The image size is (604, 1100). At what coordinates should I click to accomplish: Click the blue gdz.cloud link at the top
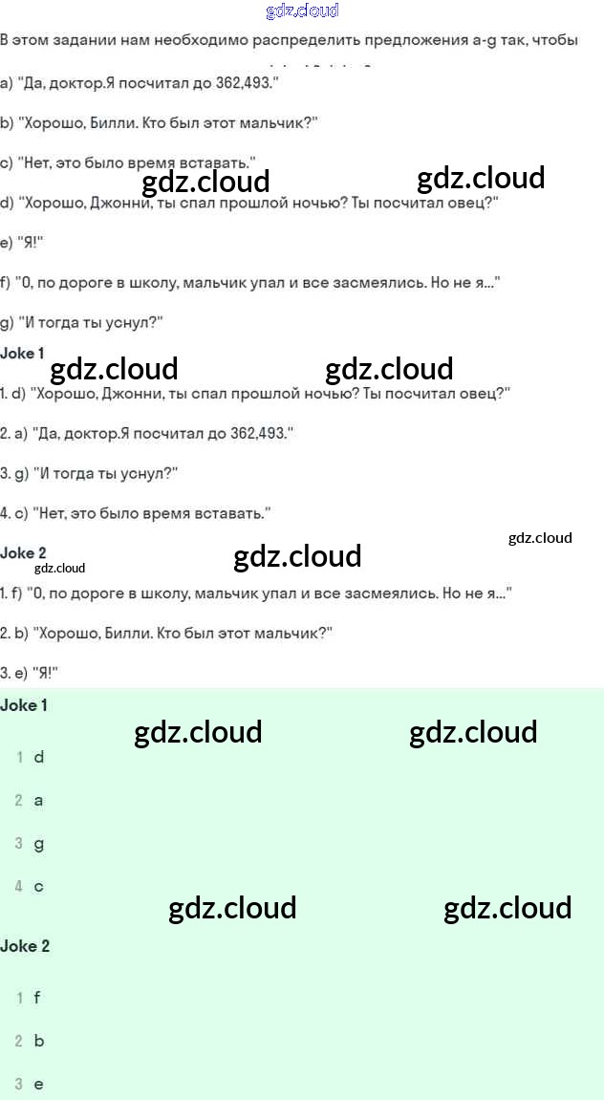[302, 11]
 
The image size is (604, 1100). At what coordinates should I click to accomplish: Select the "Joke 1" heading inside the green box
[25, 705]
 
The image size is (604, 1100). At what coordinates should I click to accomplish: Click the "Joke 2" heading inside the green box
[25, 946]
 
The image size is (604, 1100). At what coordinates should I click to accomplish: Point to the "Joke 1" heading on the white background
[23, 354]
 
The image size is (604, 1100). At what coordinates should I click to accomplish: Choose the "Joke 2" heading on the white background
[24, 552]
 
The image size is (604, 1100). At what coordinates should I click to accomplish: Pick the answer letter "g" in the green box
[38, 844]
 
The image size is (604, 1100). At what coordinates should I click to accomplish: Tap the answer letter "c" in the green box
[38, 887]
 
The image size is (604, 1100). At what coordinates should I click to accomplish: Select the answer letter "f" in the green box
[37, 998]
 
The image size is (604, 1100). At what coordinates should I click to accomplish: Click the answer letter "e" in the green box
[38, 1085]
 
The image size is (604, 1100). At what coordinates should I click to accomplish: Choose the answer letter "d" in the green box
[39, 757]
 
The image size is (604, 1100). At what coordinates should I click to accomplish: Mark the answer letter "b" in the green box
[39, 1041]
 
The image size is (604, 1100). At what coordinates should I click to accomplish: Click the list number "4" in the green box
[19, 887]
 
